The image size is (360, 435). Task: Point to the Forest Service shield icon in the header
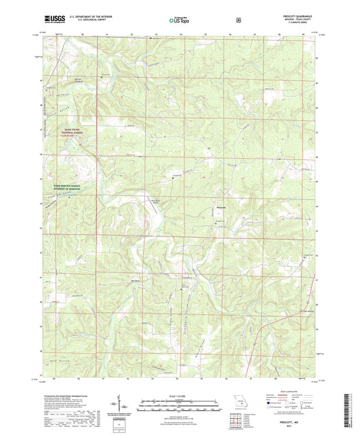238,20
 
